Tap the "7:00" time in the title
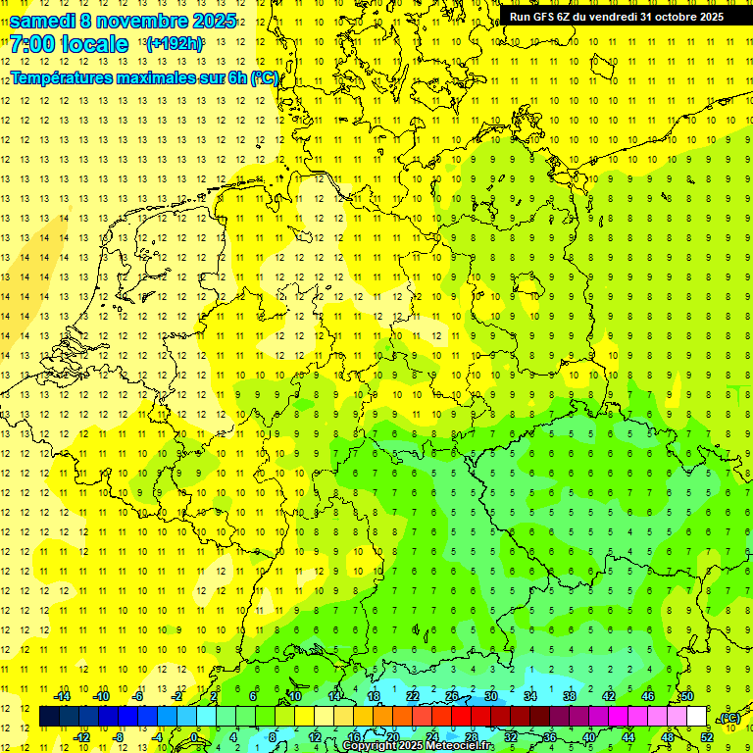[x=35, y=44]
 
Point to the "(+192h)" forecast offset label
[x=175, y=43]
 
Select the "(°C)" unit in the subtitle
[x=264, y=77]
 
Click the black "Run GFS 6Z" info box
[x=616, y=17]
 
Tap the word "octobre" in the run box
[x=669, y=17]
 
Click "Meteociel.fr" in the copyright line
[x=453, y=746]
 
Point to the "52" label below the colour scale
[x=706, y=737]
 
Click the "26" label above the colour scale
[x=452, y=696]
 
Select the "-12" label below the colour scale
[x=81, y=737]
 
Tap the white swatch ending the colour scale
[x=696, y=717]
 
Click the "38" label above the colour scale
[x=570, y=696]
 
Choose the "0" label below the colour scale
[x=194, y=737]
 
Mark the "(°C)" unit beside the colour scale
[x=729, y=718]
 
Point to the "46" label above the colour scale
[x=647, y=696]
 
